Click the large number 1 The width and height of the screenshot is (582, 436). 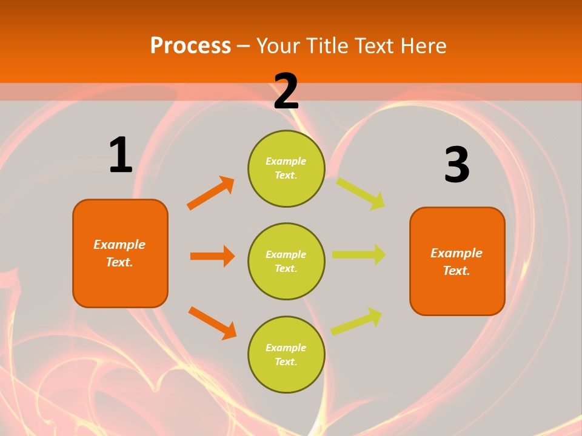pos(121,155)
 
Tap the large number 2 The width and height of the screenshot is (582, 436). pos(286,91)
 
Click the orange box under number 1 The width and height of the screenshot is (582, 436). pos(120,253)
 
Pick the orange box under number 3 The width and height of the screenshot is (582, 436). pos(457,262)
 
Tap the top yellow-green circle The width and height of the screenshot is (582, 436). pos(286,168)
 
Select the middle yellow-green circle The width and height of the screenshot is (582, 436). pos(286,261)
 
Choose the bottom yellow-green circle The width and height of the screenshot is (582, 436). pos(286,354)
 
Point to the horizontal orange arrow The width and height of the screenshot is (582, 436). pos(212,256)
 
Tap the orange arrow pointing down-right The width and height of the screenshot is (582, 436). pos(212,322)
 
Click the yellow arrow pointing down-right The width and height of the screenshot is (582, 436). pos(361,193)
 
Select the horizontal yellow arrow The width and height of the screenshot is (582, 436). pos(359,255)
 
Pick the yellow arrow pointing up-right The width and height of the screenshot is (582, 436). pos(356,322)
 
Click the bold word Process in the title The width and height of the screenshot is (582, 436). pos(190,45)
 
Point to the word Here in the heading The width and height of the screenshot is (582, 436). pos(423,45)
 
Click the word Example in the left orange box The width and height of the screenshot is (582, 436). pos(119,245)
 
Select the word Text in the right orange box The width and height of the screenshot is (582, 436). pos(456,271)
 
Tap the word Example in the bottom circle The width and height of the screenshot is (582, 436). pos(286,348)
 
